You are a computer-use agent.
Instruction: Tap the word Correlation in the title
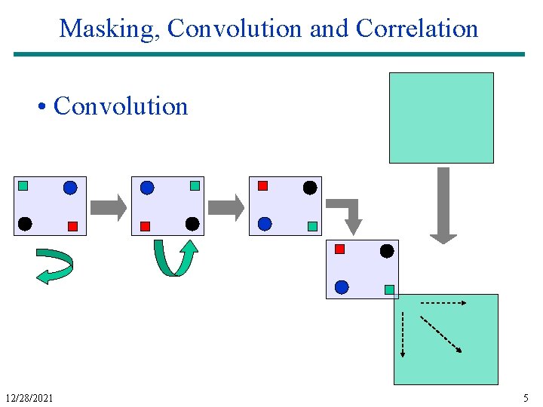point(417,29)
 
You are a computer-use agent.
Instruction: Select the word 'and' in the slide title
point(329,29)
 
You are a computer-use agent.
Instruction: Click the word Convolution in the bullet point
point(121,106)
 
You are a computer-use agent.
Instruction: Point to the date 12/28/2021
point(29,397)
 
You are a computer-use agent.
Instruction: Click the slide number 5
point(526,397)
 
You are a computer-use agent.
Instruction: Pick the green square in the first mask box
point(23,185)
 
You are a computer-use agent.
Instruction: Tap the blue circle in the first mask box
point(70,188)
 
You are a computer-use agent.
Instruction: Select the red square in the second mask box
point(145,225)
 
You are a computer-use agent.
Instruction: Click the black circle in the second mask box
point(192,224)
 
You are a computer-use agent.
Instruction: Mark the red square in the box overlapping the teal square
point(339,249)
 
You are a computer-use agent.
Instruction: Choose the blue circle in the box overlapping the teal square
point(342,287)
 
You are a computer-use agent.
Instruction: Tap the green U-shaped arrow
point(176,258)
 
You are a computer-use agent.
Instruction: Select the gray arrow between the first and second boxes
point(109,207)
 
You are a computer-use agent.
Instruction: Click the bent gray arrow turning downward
point(349,214)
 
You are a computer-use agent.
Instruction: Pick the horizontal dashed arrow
point(443,302)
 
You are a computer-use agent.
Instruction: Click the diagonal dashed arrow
point(441,334)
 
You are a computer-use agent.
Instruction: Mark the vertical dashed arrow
point(403,333)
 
